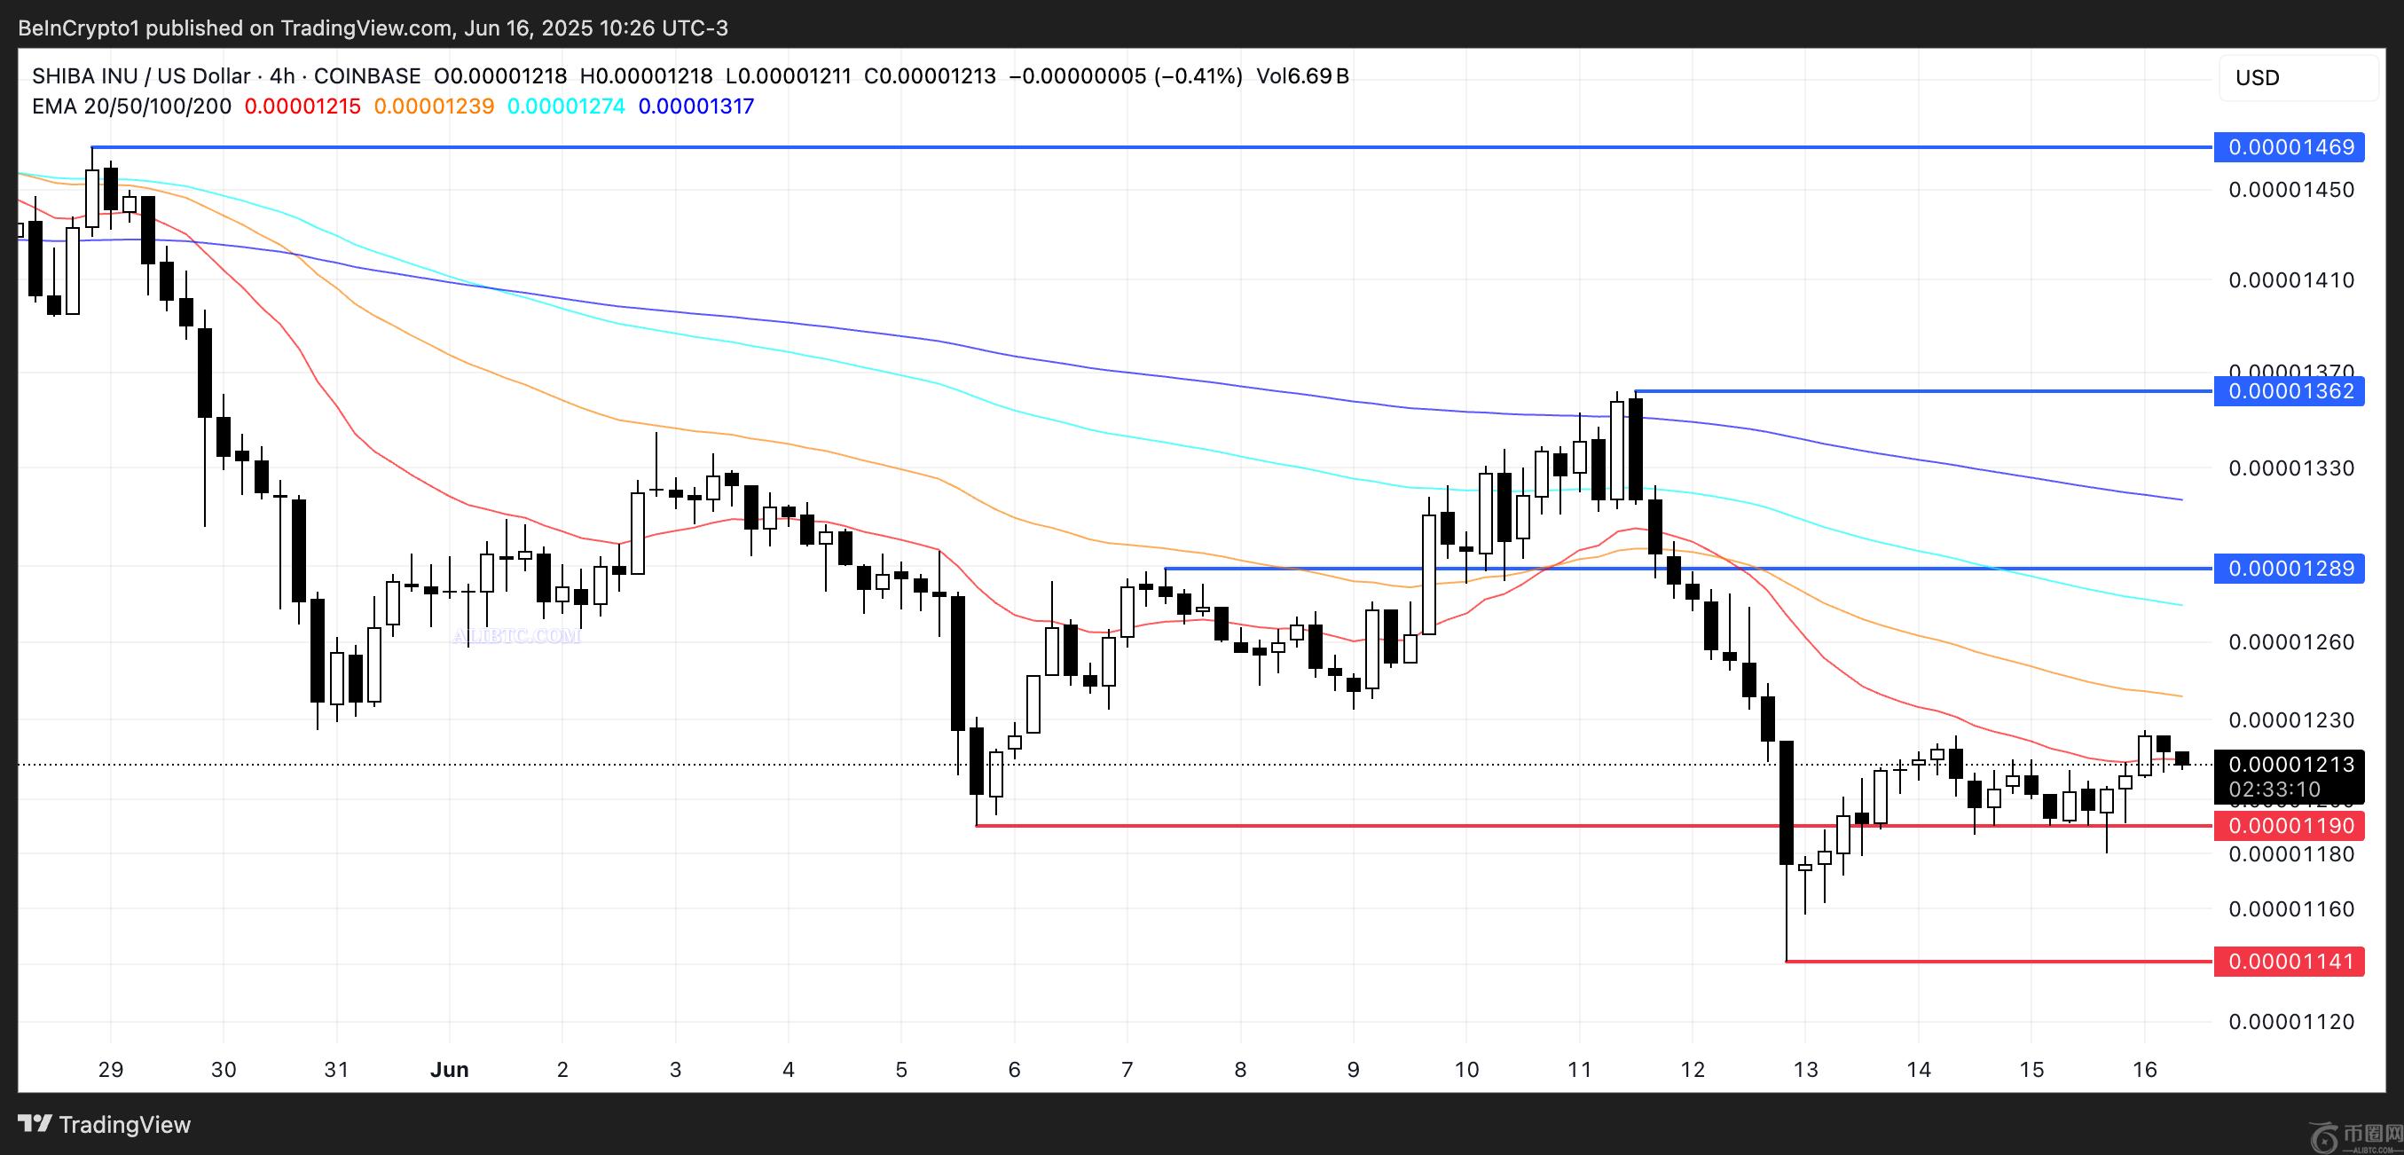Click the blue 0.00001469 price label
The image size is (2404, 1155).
point(2290,147)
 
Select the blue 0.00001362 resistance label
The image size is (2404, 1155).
point(2290,391)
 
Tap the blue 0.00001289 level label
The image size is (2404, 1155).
point(2290,568)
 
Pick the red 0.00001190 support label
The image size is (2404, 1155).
point(2290,826)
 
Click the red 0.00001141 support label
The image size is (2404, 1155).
point(2290,961)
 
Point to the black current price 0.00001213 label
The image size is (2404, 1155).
point(2290,765)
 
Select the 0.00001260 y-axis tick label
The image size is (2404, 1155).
point(2291,642)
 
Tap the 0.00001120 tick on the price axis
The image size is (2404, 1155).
point(2291,1022)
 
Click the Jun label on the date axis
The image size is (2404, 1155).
point(449,1069)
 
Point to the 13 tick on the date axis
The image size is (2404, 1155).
point(1805,1069)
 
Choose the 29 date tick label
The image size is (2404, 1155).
point(110,1069)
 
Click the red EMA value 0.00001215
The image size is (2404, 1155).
point(302,106)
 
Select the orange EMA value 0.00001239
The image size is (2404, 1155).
point(434,106)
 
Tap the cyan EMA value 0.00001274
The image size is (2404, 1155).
point(566,106)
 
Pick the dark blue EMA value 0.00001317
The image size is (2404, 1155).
point(696,106)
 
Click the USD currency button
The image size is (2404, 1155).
point(2258,77)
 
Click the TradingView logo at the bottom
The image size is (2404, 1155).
point(105,1124)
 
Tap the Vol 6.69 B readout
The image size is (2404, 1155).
point(1302,76)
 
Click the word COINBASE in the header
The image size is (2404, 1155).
point(366,76)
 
